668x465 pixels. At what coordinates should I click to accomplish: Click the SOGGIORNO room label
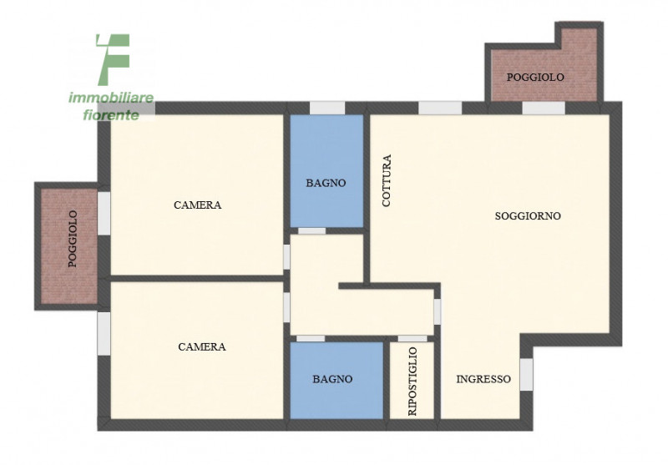pos(528,216)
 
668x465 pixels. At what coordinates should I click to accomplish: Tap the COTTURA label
pos(387,180)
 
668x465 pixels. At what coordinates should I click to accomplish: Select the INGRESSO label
pos(483,379)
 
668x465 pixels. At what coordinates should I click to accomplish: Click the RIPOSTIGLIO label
pos(412,382)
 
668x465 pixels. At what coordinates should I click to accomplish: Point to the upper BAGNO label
pos(326,183)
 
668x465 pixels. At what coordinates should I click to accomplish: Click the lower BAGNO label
pos(332,379)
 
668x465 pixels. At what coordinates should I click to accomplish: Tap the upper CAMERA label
pos(198,205)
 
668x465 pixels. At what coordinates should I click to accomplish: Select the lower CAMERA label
pos(202,346)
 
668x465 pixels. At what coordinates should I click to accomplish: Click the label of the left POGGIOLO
pos(73,239)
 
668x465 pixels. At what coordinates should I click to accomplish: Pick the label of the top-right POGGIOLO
pos(535,77)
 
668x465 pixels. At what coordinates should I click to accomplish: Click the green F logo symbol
pos(113,59)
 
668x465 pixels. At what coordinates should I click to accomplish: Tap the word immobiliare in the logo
pos(111,98)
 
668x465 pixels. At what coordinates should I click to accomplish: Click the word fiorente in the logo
pos(111,115)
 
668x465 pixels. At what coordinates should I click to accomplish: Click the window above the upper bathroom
pos(327,108)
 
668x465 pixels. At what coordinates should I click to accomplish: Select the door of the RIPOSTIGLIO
pos(412,339)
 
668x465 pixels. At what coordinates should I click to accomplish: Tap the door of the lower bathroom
pos(311,339)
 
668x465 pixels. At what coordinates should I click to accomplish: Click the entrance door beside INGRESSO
pos(527,374)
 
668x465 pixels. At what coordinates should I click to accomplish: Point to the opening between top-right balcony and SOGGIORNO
pos(544,108)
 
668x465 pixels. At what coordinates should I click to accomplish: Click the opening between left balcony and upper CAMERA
pos(104,213)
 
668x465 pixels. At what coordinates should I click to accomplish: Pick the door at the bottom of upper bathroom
pos(311,231)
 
